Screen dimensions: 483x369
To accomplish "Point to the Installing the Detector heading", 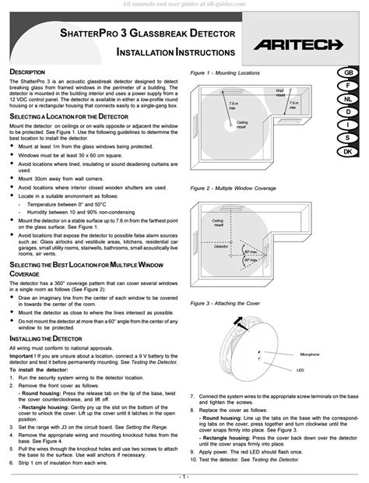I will coord(48,317).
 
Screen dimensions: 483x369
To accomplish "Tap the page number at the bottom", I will coord(184,475).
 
